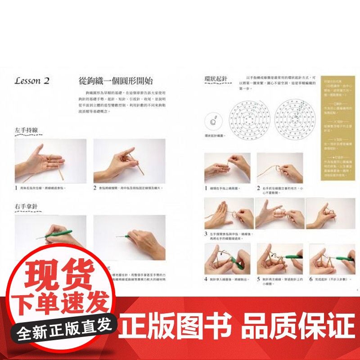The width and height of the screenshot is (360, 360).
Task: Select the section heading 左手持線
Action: tap(26, 130)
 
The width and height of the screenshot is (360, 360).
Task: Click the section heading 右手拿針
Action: tap(26, 207)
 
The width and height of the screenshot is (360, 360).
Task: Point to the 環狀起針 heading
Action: tap(216, 79)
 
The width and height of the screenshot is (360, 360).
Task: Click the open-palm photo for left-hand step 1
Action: tap(50, 161)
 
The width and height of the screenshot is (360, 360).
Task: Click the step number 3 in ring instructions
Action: tap(206, 234)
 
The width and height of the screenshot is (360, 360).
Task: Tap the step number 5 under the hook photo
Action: tap(258, 279)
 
